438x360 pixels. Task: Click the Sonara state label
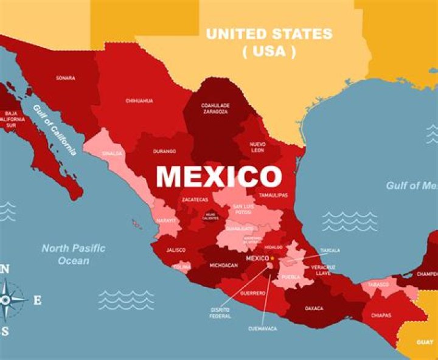click(x=65, y=78)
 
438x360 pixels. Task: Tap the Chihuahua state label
click(x=139, y=100)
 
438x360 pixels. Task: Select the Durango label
click(x=165, y=151)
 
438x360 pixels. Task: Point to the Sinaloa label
click(x=113, y=154)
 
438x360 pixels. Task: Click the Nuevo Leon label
click(x=258, y=147)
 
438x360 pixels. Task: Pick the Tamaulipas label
click(x=273, y=195)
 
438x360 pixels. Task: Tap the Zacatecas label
click(x=195, y=199)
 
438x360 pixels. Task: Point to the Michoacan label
click(x=223, y=265)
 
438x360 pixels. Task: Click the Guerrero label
click(x=254, y=293)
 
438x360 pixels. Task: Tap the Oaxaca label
click(x=314, y=308)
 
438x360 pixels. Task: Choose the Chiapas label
click(x=381, y=315)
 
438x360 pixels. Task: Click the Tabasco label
click(x=377, y=284)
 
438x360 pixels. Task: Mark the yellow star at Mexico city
click(x=273, y=258)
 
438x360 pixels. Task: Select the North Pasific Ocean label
click(x=74, y=254)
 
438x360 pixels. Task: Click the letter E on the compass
click(x=37, y=300)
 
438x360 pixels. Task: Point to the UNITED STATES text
click(x=269, y=34)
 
